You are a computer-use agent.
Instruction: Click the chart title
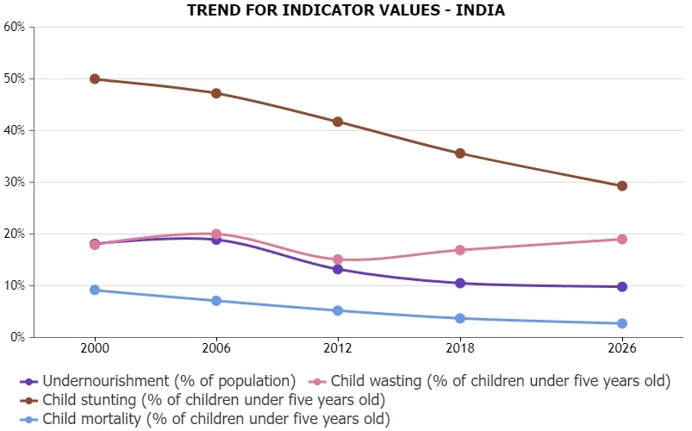click(x=346, y=9)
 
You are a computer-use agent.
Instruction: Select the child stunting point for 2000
click(x=95, y=79)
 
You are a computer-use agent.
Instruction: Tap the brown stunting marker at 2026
click(x=622, y=186)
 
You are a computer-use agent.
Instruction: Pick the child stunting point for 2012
click(x=338, y=122)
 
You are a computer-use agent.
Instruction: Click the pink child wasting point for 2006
click(x=216, y=234)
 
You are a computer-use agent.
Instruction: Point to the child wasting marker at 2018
click(x=460, y=250)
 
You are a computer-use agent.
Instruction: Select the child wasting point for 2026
click(x=622, y=240)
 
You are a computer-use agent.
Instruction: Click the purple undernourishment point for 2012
click(x=338, y=269)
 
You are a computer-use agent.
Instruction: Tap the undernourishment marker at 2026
click(x=622, y=286)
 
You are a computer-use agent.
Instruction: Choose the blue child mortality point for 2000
click(x=95, y=290)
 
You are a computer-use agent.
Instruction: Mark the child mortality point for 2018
click(x=460, y=318)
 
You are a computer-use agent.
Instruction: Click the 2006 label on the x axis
click(x=216, y=348)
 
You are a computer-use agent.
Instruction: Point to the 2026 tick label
click(x=622, y=348)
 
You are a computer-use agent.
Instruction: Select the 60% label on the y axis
click(x=15, y=27)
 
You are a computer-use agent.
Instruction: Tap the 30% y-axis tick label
click(x=15, y=183)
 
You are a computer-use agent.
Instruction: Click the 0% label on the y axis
click(x=16, y=337)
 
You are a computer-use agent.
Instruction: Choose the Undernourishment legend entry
click(x=158, y=381)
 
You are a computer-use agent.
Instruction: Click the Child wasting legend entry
click(x=489, y=381)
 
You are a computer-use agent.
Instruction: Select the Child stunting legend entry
click(x=203, y=400)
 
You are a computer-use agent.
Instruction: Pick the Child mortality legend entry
click(x=205, y=419)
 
